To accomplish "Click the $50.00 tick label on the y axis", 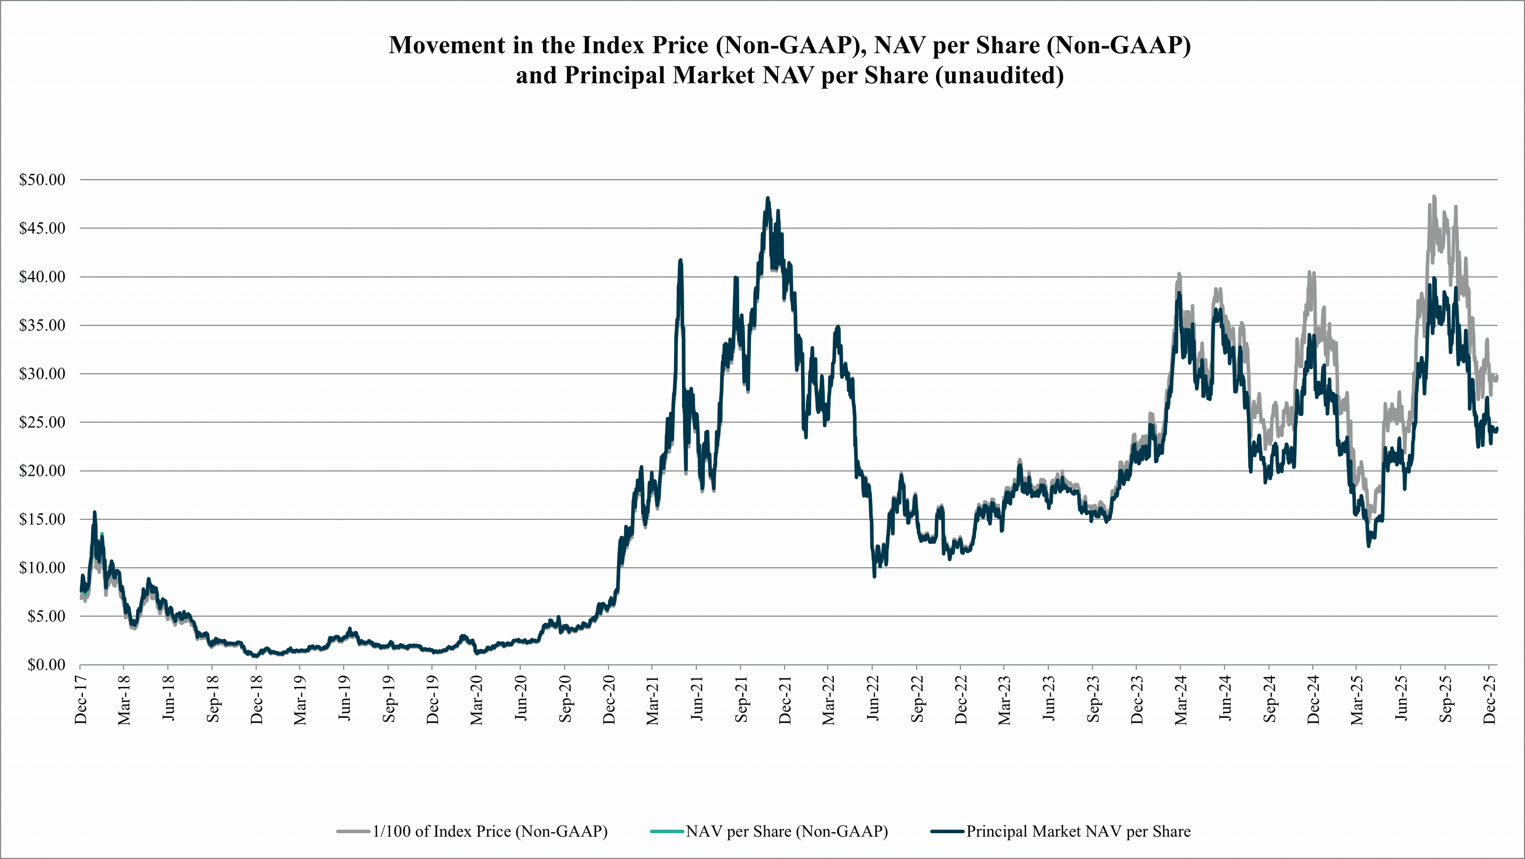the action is [x=42, y=180].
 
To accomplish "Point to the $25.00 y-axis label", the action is [x=42, y=422].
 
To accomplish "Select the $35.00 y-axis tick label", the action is [x=42, y=325].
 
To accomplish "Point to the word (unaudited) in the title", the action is [x=999, y=75].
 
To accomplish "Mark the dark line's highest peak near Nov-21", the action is [x=768, y=199].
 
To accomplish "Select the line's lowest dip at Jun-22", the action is [x=874, y=576].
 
